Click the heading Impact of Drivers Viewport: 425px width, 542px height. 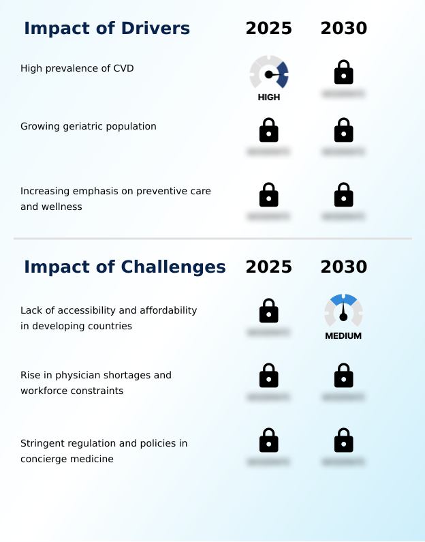(x=107, y=29)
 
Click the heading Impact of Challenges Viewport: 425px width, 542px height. (x=125, y=267)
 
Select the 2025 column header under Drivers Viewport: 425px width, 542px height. (x=269, y=29)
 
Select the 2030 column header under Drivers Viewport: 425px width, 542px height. (x=344, y=29)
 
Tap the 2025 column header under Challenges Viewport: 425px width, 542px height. (x=269, y=267)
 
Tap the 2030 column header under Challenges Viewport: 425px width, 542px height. (x=344, y=267)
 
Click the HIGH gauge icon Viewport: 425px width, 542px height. (x=269, y=72)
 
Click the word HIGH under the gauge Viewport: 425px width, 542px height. (x=269, y=97)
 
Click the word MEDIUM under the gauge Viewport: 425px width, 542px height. (x=343, y=336)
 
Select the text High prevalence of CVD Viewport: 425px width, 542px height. (x=77, y=68)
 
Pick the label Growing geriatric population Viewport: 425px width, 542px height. (x=89, y=126)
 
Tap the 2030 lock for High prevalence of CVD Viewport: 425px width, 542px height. (x=344, y=72)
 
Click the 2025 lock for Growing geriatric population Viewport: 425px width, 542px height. (x=269, y=130)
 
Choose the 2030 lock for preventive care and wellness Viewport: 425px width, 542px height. (x=344, y=195)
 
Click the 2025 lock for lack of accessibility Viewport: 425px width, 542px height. (x=269, y=311)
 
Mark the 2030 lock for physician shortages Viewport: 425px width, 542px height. (x=344, y=376)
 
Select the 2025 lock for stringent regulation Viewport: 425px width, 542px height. (x=269, y=440)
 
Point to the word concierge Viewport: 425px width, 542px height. (x=43, y=460)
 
